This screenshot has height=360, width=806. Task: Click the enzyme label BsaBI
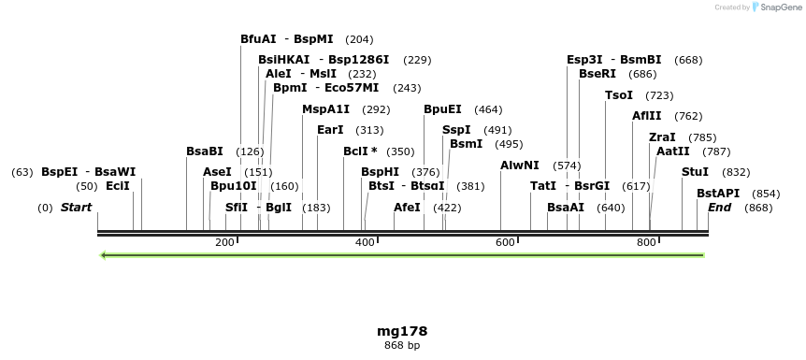pyautogui.click(x=204, y=151)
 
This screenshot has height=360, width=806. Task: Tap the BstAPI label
pyautogui.click(x=718, y=193)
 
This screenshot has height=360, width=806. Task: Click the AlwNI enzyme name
pyautogui.click(x=520, y=166)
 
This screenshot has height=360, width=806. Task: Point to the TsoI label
pyautogui.click(x=619, y=95)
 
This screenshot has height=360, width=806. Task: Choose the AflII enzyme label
pyautogui.click(x=646, y=116)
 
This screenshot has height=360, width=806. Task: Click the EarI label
pyautogui.click(x=330, y=130)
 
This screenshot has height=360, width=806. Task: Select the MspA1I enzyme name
pyautogui.click(x=325, y=109)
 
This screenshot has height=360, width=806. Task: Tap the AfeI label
pyautogui.click(x=407, y=207)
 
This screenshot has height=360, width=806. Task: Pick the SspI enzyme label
pyautogui.click(x=456, y=130)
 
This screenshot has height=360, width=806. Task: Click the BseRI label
pyautogui.click(x=597, y=74)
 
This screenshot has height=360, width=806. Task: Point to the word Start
pyautogui.click(x=77, y=207)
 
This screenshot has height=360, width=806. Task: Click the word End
pyautogui.click(x=719, y=207)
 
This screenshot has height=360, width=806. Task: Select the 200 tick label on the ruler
pyautogui.click(x=224, y=243)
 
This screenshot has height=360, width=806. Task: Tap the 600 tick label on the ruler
pyautogui.click(x=505, y=243)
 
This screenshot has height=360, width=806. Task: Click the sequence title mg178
pyautogui.click(x=402, y=331)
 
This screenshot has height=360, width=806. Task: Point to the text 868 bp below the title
pyautogui.click(x=402, y=345)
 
